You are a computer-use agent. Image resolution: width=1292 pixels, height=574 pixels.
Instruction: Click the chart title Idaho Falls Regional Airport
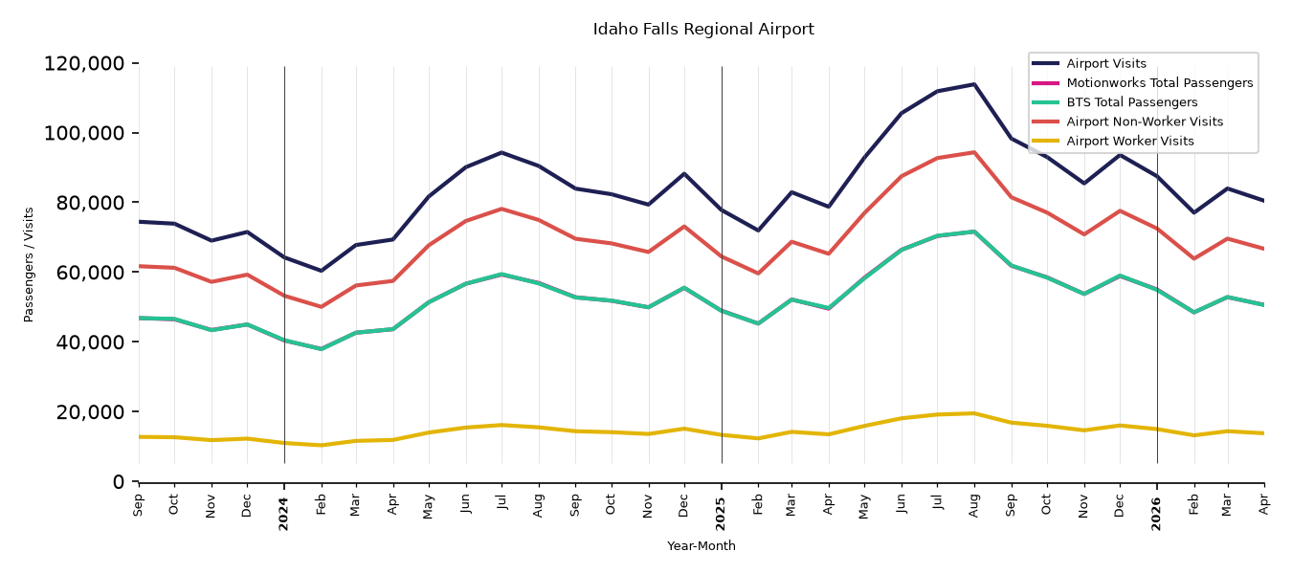(x=703, y=29)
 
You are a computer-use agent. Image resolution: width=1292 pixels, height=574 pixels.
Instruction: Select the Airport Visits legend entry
(x=1104, y=63)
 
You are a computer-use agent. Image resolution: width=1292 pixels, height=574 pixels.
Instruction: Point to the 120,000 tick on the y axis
(x=84, y=63)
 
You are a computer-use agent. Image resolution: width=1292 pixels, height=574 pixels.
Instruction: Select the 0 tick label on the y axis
(x=119, y=481)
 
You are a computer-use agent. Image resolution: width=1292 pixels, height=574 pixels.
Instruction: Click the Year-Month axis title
(x=702, y=545)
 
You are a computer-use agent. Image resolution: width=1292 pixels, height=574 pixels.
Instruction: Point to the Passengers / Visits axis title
(x=29, y=265)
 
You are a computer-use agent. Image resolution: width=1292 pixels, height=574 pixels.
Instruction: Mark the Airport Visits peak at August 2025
(x=974, y=84)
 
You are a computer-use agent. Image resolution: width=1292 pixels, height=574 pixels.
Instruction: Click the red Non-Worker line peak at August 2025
(x=974, y=152)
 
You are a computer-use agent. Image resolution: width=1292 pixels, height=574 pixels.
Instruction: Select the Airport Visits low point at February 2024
(x=321, y=271)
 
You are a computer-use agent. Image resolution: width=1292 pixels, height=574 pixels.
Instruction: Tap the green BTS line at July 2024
(x=501, y=274)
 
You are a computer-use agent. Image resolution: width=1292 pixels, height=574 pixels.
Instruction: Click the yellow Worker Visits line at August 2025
(x=974, y=413)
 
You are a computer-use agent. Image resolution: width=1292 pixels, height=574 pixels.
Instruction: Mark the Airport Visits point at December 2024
(x=684, y=173)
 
